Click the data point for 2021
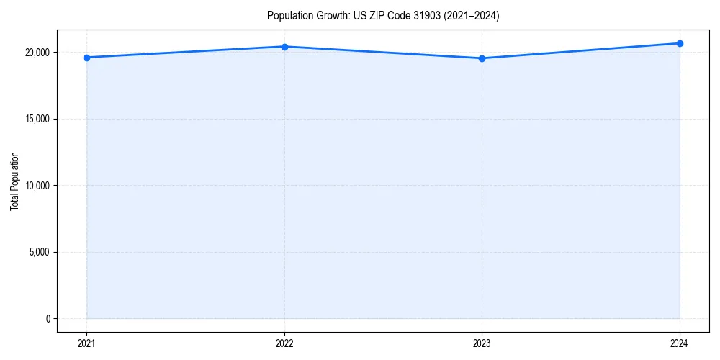coord(86,58)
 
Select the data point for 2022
coord(284,47)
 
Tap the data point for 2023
coord(482,58)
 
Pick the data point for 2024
coord(680,43)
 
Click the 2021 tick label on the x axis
coord(86,343)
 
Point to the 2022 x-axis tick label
coord(284,343)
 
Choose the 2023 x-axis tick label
coord(482,343)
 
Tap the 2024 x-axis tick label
coord(680,343)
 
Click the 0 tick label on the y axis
coord(48,319)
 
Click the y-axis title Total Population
coord(14,181)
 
